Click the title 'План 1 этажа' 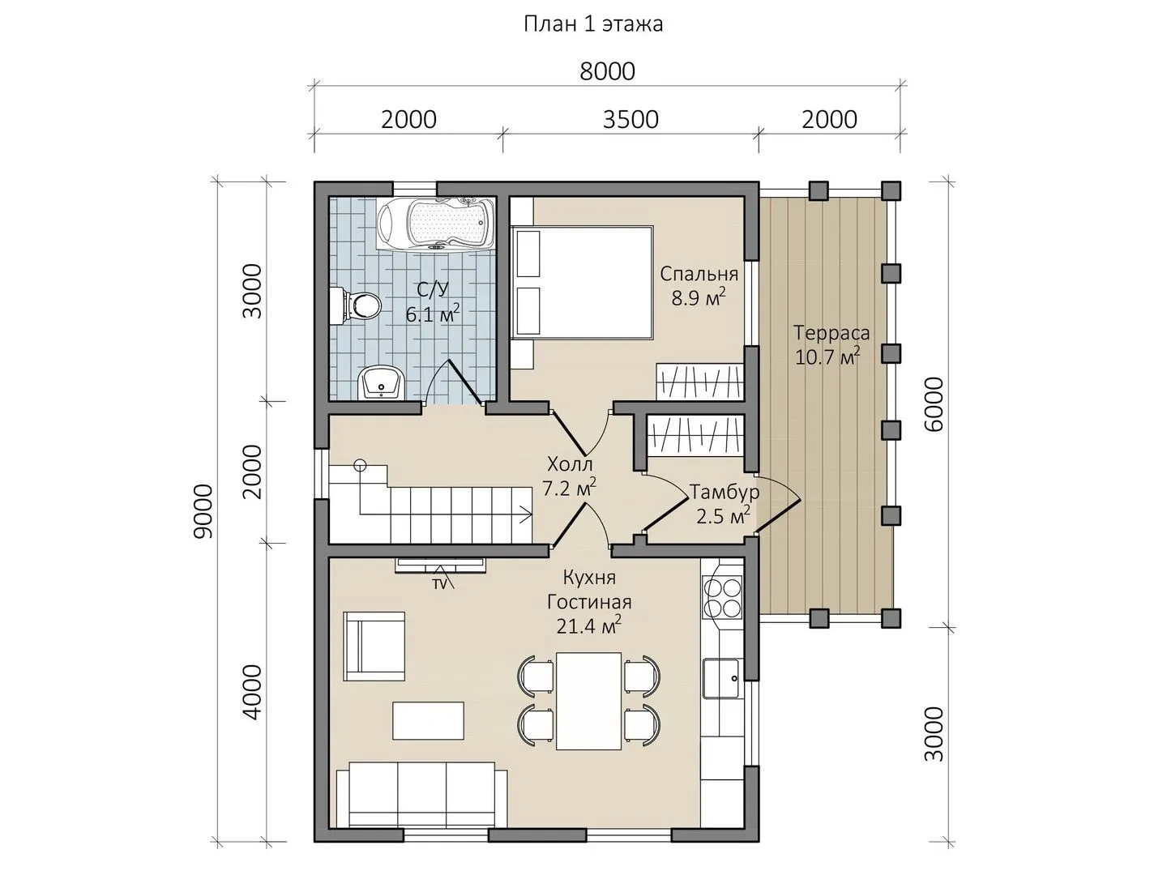[592, 24]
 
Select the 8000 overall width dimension [607, 72]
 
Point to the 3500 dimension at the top [631, 120]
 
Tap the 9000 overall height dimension [203, 511]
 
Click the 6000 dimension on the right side [934, 404]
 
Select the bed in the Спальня [582, 282]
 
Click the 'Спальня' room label [699, 274]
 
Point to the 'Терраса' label [831, 333]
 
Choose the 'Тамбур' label [725, 493]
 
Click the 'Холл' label [570, 465]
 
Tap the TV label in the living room [439, 585]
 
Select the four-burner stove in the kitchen [723, 597]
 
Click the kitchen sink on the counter [722, 678]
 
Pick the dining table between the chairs [588, 701]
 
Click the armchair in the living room [374, 647]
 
